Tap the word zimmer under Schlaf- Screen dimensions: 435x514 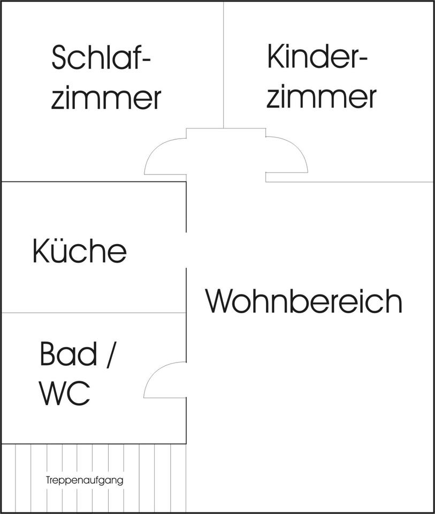tap(106, 99)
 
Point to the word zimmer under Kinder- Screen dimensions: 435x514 tap(321, 97)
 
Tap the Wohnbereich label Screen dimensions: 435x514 tap(304, 301)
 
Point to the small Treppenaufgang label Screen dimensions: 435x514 tap(85, 480)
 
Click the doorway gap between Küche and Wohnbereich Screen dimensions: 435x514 tap(186, 250)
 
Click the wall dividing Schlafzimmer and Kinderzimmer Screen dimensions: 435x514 tap(223, 64)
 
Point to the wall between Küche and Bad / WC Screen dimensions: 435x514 tap(94, 313)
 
